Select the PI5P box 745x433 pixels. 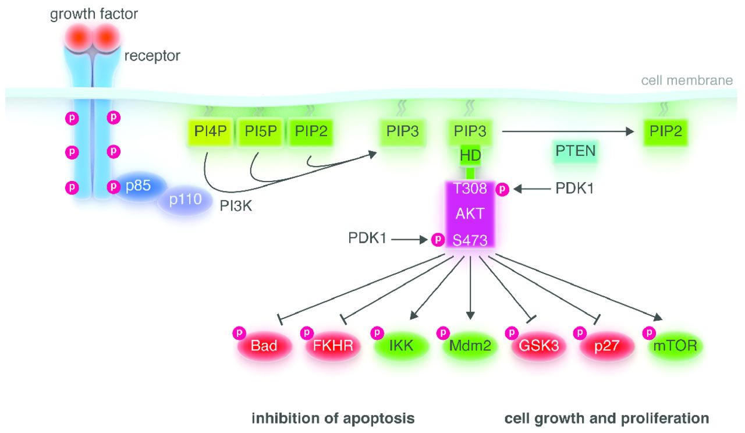261,133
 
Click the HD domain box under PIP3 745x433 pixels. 470,156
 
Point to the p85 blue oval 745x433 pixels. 137,187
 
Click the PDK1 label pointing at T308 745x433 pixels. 574,189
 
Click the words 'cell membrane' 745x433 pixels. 687,80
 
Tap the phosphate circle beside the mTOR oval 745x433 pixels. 648,333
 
